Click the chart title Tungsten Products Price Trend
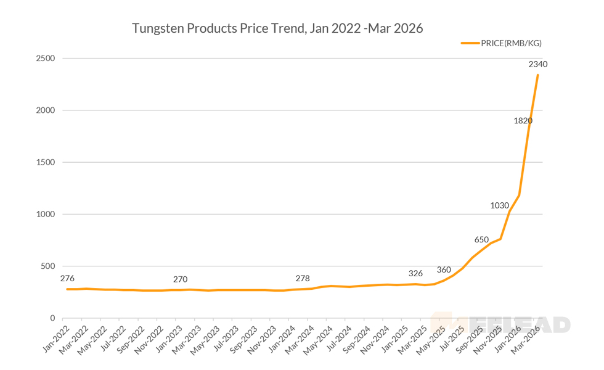click(x=277, y=28)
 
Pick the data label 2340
click(x=538, y=64)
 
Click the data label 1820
click(x=523, y=121)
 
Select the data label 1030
click(x=500, y=205)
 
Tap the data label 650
click(x=482, y=239)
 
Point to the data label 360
click(x=444, y=269)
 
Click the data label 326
click(x=416, y=273)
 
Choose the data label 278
click(x=303, y=278)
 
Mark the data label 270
click(x=180, y=279)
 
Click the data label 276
click(x=67, y=278)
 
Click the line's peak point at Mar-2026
click(x=538, y=75)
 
